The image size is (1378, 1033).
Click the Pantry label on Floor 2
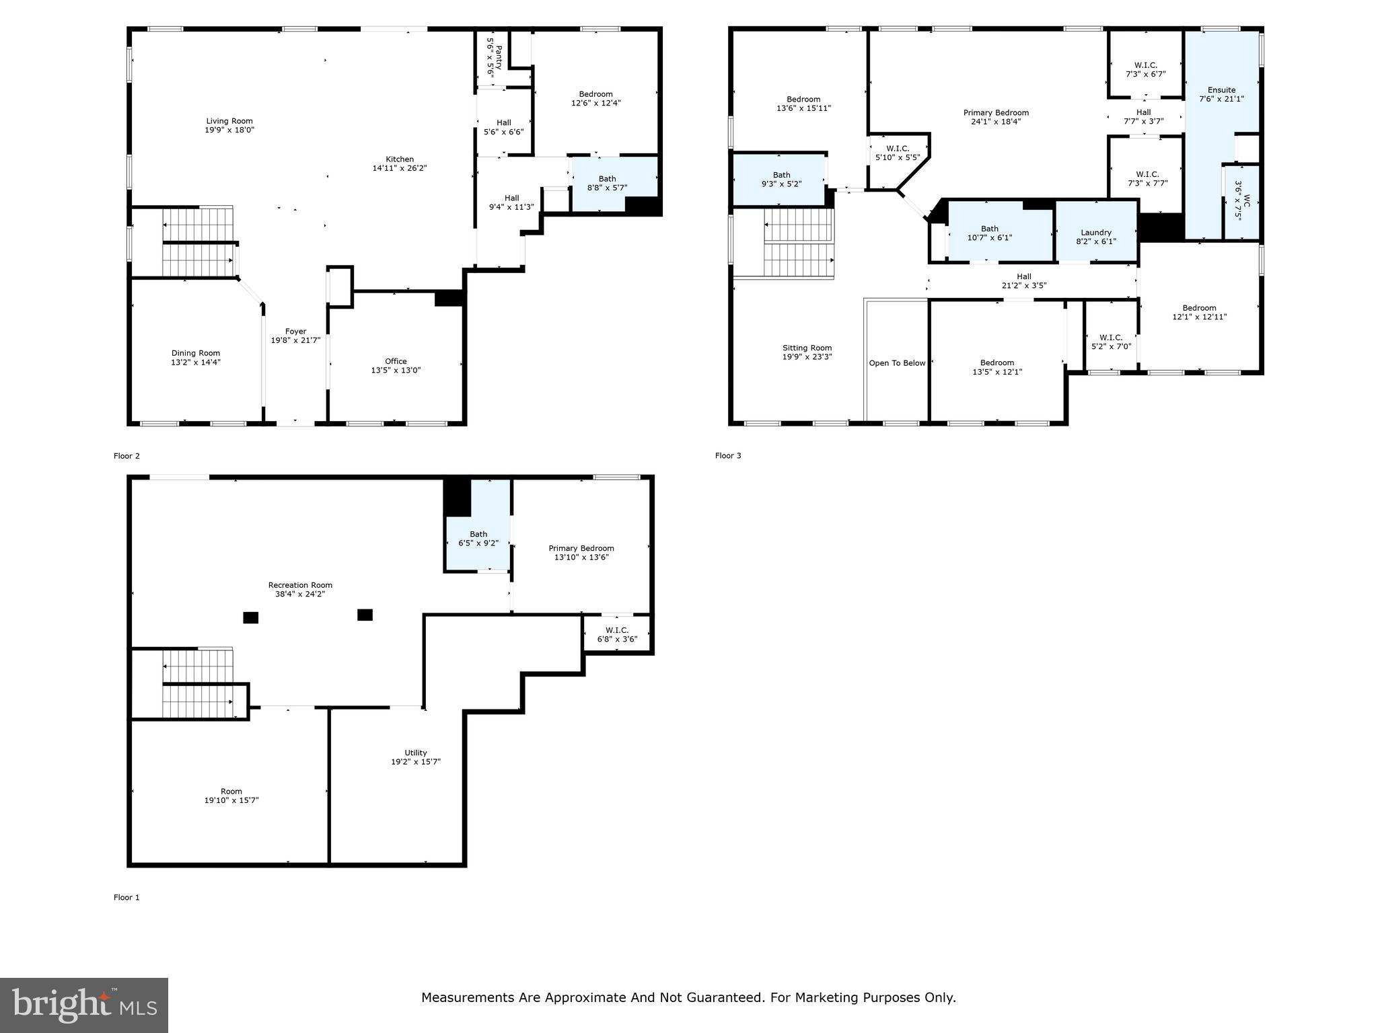(x=499, y=53)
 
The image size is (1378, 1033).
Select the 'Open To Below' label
(x=897, y=363)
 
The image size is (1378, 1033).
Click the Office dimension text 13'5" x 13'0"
(x=396, y=371)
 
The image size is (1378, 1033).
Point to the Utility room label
(x=416, y=753)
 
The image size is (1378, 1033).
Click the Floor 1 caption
(x=126, y=897)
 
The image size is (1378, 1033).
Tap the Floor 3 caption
(x=728, y=456)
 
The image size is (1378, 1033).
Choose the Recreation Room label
(x=300, y=585)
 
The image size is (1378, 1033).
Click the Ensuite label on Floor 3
(x=1221, y=90)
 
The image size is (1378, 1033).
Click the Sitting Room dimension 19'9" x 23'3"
(x=807, y=357)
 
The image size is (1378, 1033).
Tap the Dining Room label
(x=195, y=353)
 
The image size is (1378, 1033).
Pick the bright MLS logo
(x=84, y=1005)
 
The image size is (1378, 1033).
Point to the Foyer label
(x=295, y=332)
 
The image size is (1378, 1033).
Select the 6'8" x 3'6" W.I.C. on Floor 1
(x=617, y=635)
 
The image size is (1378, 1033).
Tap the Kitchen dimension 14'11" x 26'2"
(x=400, y=168)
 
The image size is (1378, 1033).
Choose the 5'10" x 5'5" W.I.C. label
(x=898, y=153)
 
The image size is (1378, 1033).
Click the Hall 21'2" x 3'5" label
(x=1023, y=281)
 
